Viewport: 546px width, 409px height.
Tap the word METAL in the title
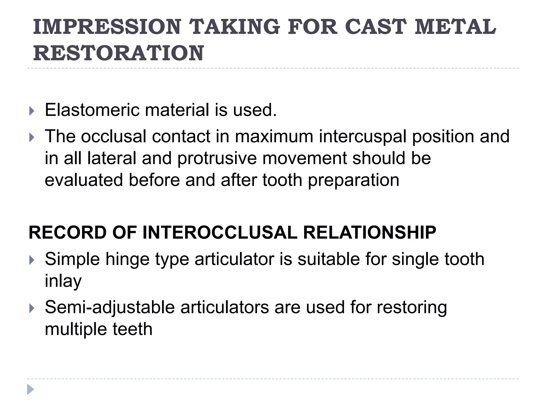(x=455, y=27)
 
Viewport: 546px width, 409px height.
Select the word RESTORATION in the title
(x=119, y=53)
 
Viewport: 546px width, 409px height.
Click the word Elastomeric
(x=92, y=110)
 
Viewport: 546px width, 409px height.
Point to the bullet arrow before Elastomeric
(x=32, y=111)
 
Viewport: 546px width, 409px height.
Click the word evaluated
(x=84, y=180)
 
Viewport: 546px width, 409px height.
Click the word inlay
(x=63, y=281)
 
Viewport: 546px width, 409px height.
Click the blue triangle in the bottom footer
(x=30, y=389)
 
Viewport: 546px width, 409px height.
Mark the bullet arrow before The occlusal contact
(x=32, y=137)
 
